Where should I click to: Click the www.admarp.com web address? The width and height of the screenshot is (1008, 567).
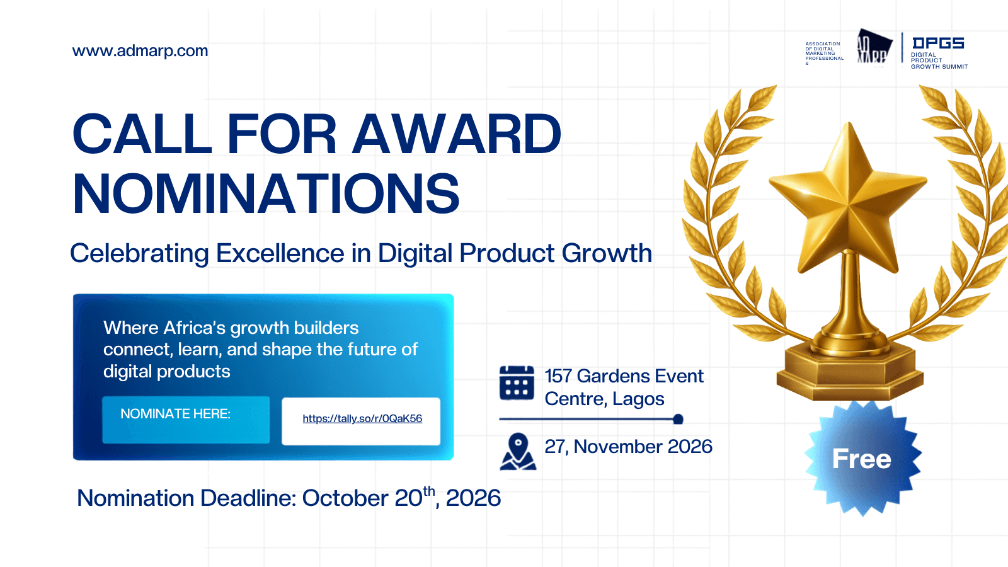tap(140, 51)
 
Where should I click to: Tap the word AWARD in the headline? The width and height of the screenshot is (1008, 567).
tap(456, 134)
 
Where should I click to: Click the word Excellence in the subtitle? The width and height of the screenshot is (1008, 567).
tap(280, 253)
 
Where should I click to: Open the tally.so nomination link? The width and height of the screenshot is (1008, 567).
tap(362, 418)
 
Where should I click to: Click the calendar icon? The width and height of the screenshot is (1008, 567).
tap(517, 382)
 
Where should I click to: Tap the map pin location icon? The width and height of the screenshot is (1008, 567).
tap(518, 451)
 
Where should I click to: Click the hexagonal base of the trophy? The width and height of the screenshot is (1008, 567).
tap(850, 371)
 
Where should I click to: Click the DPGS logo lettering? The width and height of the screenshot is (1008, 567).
tap(938, 43)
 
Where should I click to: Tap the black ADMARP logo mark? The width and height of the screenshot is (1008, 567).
tap(874, 47)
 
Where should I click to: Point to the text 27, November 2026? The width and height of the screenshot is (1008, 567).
tap(628, 447)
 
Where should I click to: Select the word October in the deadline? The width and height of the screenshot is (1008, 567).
tap(345, 498)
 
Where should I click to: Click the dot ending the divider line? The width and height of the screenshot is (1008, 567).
tap(678, 420)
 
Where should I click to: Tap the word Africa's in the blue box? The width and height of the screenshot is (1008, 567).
tap(195, 328)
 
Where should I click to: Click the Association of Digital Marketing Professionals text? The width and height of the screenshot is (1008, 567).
tap(825, 54)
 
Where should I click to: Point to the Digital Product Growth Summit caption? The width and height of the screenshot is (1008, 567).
tap(939, 60)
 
